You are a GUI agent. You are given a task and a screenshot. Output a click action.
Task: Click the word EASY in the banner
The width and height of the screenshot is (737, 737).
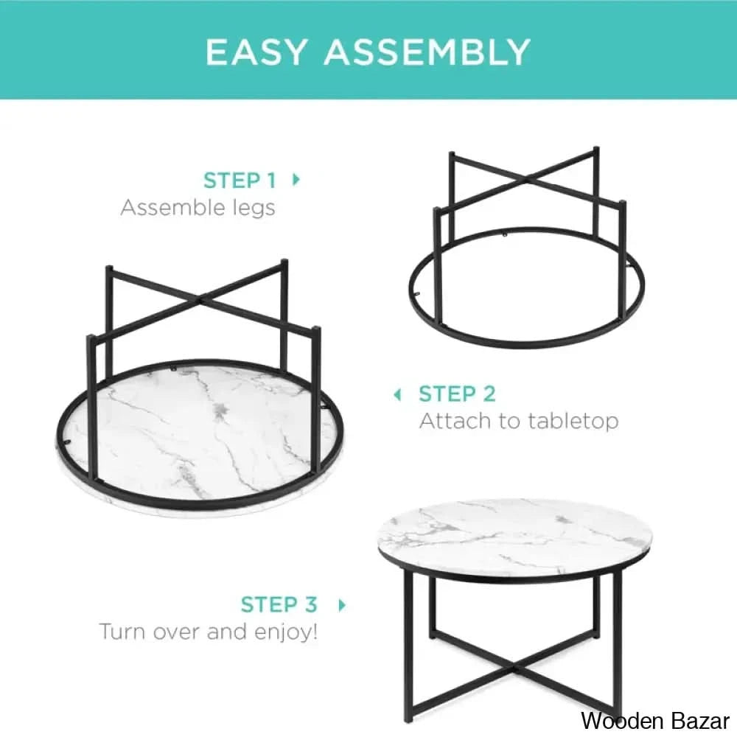tap(257, 52)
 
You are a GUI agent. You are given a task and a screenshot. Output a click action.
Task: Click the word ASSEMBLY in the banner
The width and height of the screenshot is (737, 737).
tap(427, 52)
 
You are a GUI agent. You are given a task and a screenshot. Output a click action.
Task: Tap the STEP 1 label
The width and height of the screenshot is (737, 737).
tap(240, 181)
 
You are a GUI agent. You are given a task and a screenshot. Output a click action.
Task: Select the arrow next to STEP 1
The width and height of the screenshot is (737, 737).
tap(296, 179)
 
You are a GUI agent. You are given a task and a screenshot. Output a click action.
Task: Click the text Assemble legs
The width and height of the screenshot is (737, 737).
tap(198, 208)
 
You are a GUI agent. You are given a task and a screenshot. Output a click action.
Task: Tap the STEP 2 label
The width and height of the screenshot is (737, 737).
tap(457, 394)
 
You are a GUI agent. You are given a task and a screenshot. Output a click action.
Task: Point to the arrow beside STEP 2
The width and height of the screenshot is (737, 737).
tap(398, 395)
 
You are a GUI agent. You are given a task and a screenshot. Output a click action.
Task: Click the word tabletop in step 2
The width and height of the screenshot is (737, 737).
tap(573, 422)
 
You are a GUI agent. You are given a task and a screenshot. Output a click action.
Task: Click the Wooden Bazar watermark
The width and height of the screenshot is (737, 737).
tap(654, 720)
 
